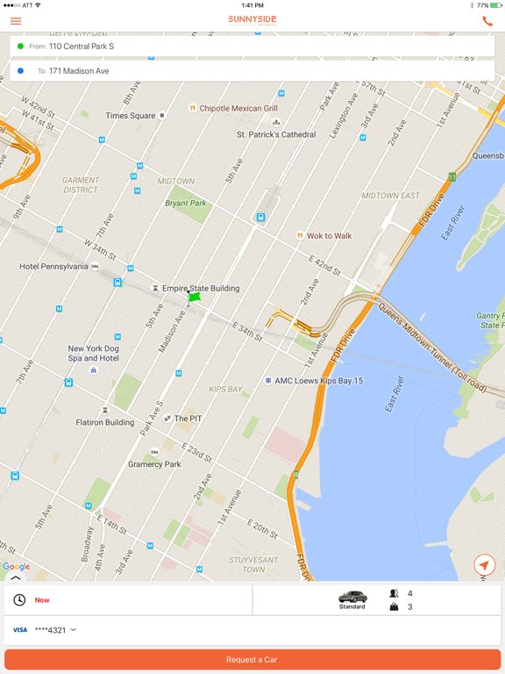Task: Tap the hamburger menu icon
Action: coord(16,20)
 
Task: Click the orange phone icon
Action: coord(487,21)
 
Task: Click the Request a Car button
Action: coord(252,659)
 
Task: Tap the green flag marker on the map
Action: coord(194,298)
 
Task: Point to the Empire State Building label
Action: coord(200,288)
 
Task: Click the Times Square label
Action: coord(131,116)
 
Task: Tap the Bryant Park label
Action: coord(186,203)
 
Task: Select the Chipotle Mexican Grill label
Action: coord(238,109)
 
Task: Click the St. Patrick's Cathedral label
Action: coord(276,134)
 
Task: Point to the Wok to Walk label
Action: coord(329,235)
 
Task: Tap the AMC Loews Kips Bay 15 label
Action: coord(318,381)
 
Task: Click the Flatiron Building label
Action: coord(104,422)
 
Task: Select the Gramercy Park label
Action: coord(154,464)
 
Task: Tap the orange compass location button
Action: coord(484,565)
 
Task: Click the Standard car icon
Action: coord(352,597)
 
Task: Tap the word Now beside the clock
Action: coord(42,600)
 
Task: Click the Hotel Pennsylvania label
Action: coord(54,266)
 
